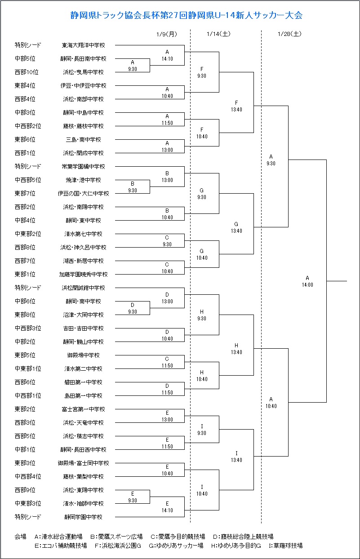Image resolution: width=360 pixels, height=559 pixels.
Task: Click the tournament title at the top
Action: [x=186, y=15]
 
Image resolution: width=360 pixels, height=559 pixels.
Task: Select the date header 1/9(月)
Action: [x=167, y=34]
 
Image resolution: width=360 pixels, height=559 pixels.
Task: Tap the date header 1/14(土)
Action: [x=218, y=34]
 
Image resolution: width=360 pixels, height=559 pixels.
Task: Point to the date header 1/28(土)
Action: [x=289, y=34]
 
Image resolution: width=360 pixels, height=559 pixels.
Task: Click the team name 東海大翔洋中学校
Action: [x=84, y=45]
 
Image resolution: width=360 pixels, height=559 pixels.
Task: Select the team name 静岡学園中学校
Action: [x=84, y=517]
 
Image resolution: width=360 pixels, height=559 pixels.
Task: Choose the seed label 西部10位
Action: [x=27, y=72]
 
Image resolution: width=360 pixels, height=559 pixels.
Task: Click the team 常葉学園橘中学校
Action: [x=84, y=166]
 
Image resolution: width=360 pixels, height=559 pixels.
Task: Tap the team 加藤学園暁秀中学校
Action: [x=84, y=274]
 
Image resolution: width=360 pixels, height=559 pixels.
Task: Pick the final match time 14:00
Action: [x=307, y=285]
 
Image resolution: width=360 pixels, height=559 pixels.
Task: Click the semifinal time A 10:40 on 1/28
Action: [x=271, y=403]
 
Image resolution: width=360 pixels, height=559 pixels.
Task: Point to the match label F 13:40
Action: [x=236, y=106]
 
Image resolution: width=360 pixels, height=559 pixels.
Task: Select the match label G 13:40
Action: [x=236, y=227]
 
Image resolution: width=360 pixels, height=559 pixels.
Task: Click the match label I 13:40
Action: [x=236, y=457]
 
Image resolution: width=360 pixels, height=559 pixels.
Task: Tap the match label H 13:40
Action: [x=236, y=349]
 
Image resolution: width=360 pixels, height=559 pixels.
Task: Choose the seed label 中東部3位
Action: [x=28, y=503]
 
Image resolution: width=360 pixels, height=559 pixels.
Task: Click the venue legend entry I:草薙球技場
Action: [x=285, y=546]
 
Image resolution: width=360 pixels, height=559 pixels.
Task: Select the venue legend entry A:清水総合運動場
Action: [x=58, y=536]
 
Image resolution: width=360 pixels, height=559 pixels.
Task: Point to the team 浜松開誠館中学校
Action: [x=84, y=288]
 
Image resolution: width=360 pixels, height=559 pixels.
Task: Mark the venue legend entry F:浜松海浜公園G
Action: [x=118, y=546]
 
